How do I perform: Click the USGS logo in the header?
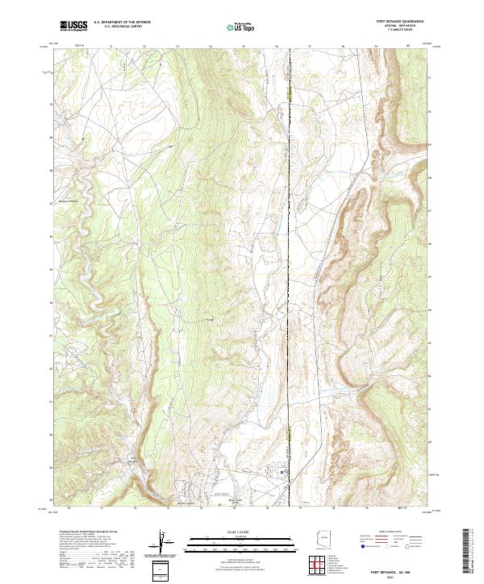click(73, 26)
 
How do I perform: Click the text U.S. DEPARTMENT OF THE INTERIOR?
click(122, 23)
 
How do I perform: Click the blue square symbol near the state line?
click(282, 472)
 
